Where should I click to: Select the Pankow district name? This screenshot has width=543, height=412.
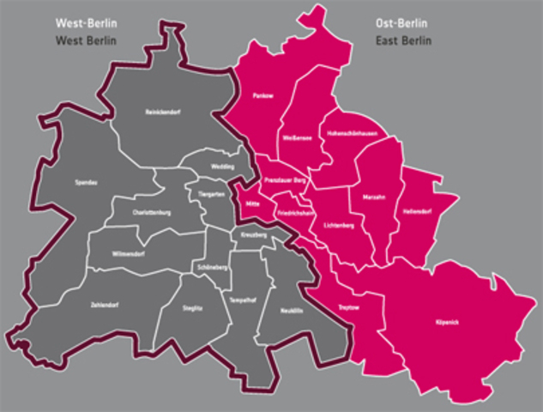[x=262, y=96]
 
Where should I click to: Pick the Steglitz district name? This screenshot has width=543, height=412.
[x=193, y=306]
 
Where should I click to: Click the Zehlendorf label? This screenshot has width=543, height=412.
[x=104, y=305]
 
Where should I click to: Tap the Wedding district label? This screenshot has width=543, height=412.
[x=223, y=167]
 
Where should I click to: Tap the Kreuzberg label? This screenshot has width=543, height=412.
[x=254, y=234]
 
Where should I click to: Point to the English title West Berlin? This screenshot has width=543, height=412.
[x=87, y=40]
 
